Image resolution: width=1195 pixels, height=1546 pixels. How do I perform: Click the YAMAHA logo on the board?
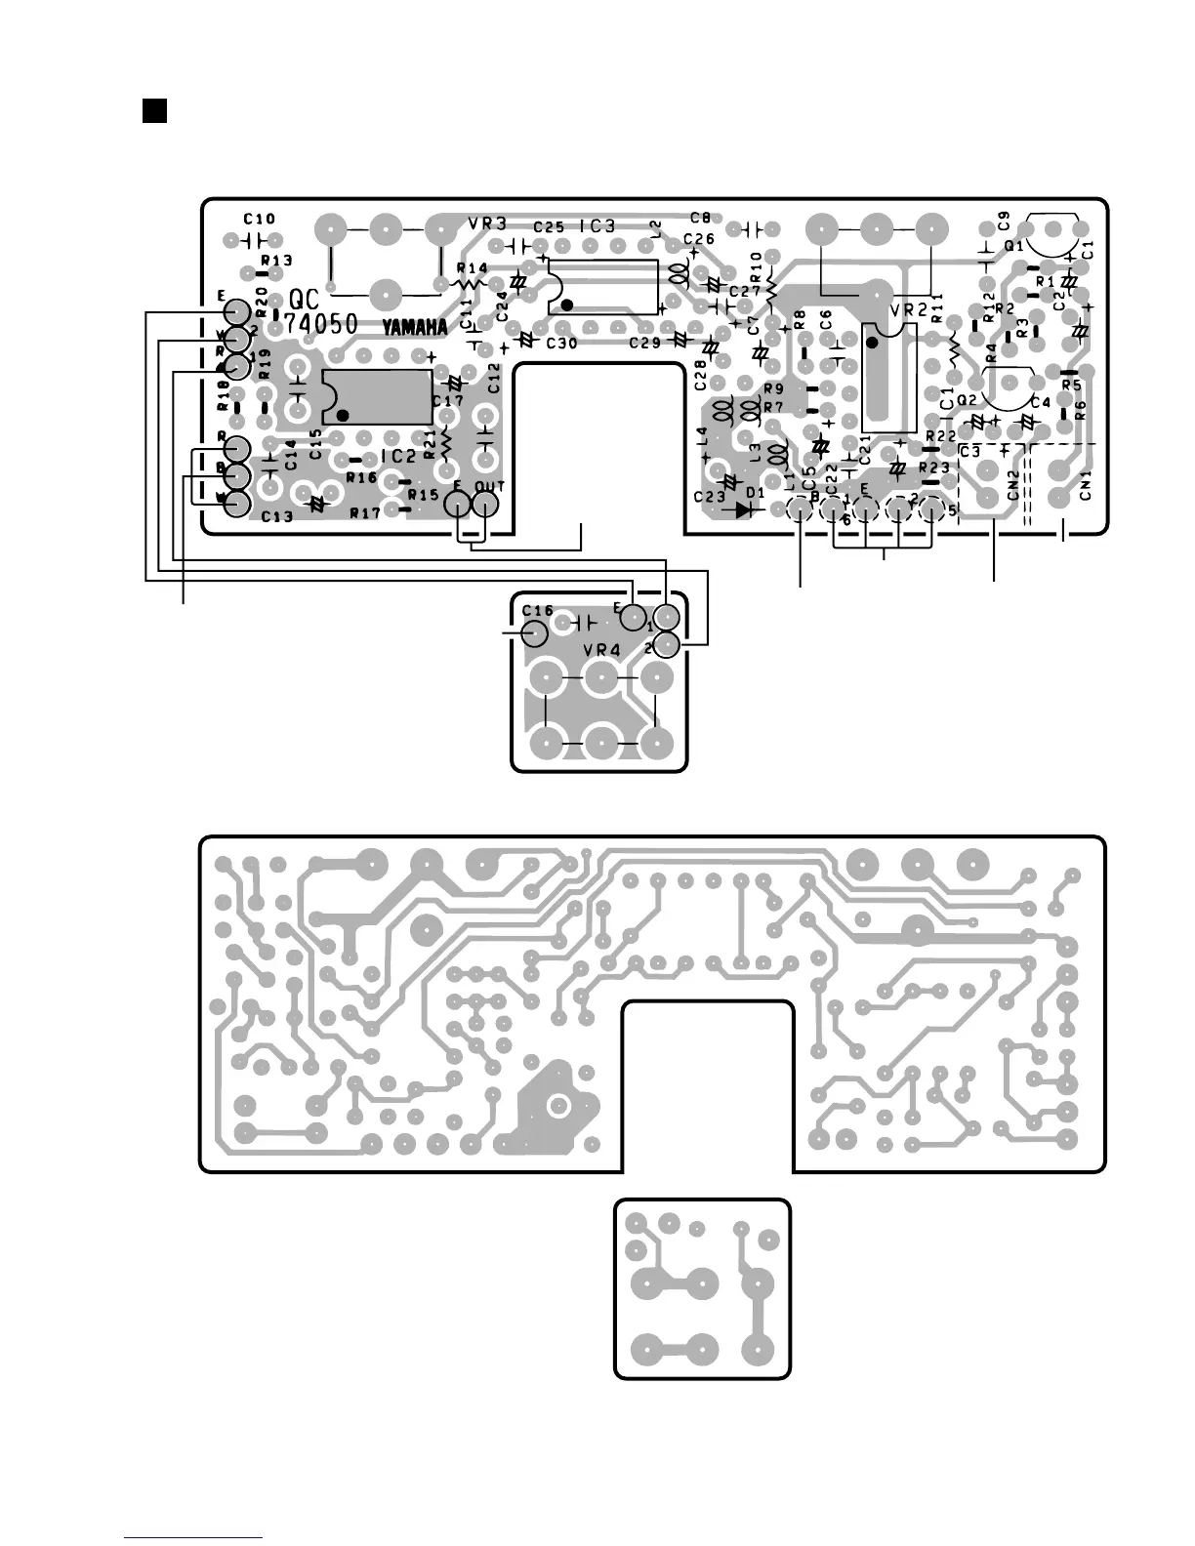[414, 328]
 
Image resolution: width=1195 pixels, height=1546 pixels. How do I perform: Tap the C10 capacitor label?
[260, 220]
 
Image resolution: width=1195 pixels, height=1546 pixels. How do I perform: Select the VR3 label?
[486, 224]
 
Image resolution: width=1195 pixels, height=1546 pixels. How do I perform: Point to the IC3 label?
[597, 226]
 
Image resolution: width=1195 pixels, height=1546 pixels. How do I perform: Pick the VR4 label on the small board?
[601, 649]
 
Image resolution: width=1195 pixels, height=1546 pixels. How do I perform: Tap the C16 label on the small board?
[537, 610]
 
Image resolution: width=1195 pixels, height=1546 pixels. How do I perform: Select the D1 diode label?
[755, 493]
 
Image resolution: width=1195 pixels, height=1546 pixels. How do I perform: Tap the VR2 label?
[908, 310]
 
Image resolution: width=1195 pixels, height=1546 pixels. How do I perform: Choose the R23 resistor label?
[934, 468]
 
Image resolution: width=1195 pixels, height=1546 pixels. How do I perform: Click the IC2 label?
[398, 456]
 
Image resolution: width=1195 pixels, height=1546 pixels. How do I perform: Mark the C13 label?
[276, 515]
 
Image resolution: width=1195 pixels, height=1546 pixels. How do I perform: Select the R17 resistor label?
[364, 512]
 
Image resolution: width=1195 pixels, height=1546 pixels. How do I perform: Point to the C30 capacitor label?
[561, 344]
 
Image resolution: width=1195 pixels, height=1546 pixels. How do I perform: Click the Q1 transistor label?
[1015, 247]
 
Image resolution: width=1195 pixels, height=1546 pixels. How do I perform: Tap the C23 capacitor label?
[710, 497]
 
